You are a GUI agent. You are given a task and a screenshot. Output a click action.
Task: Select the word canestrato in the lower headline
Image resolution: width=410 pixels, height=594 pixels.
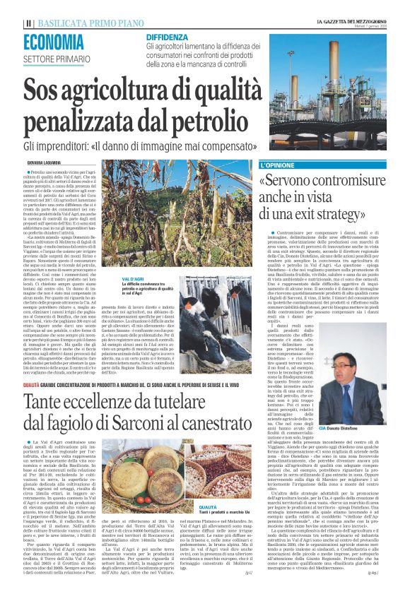[x=201, y=421]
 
